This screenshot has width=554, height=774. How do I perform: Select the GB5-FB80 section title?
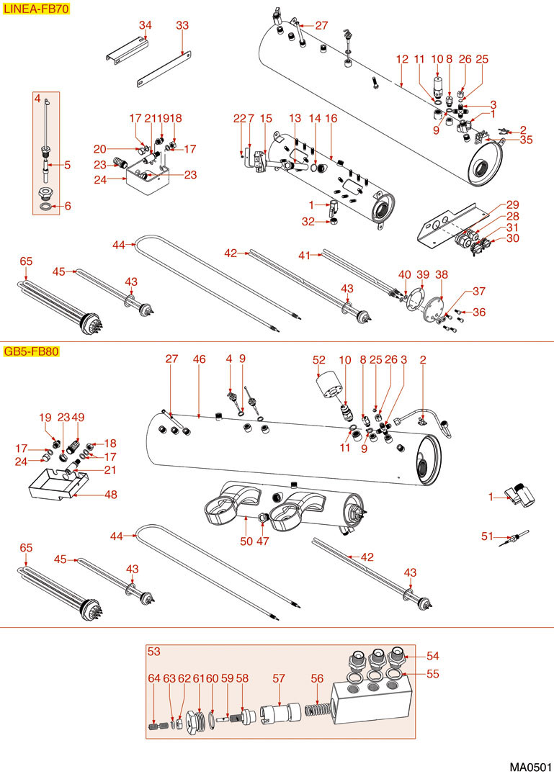[x=31, y=352]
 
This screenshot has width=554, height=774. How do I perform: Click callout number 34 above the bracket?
[x=146, y=25]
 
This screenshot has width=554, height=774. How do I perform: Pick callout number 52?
[x=319, y=358]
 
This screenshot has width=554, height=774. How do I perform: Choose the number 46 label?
[x=200, y=358]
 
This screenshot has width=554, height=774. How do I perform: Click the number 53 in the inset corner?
[x=153, y=652]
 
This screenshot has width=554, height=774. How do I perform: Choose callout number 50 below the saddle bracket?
[x=246, y=541]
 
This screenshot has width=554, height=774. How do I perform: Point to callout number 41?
[x=305, y=255]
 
